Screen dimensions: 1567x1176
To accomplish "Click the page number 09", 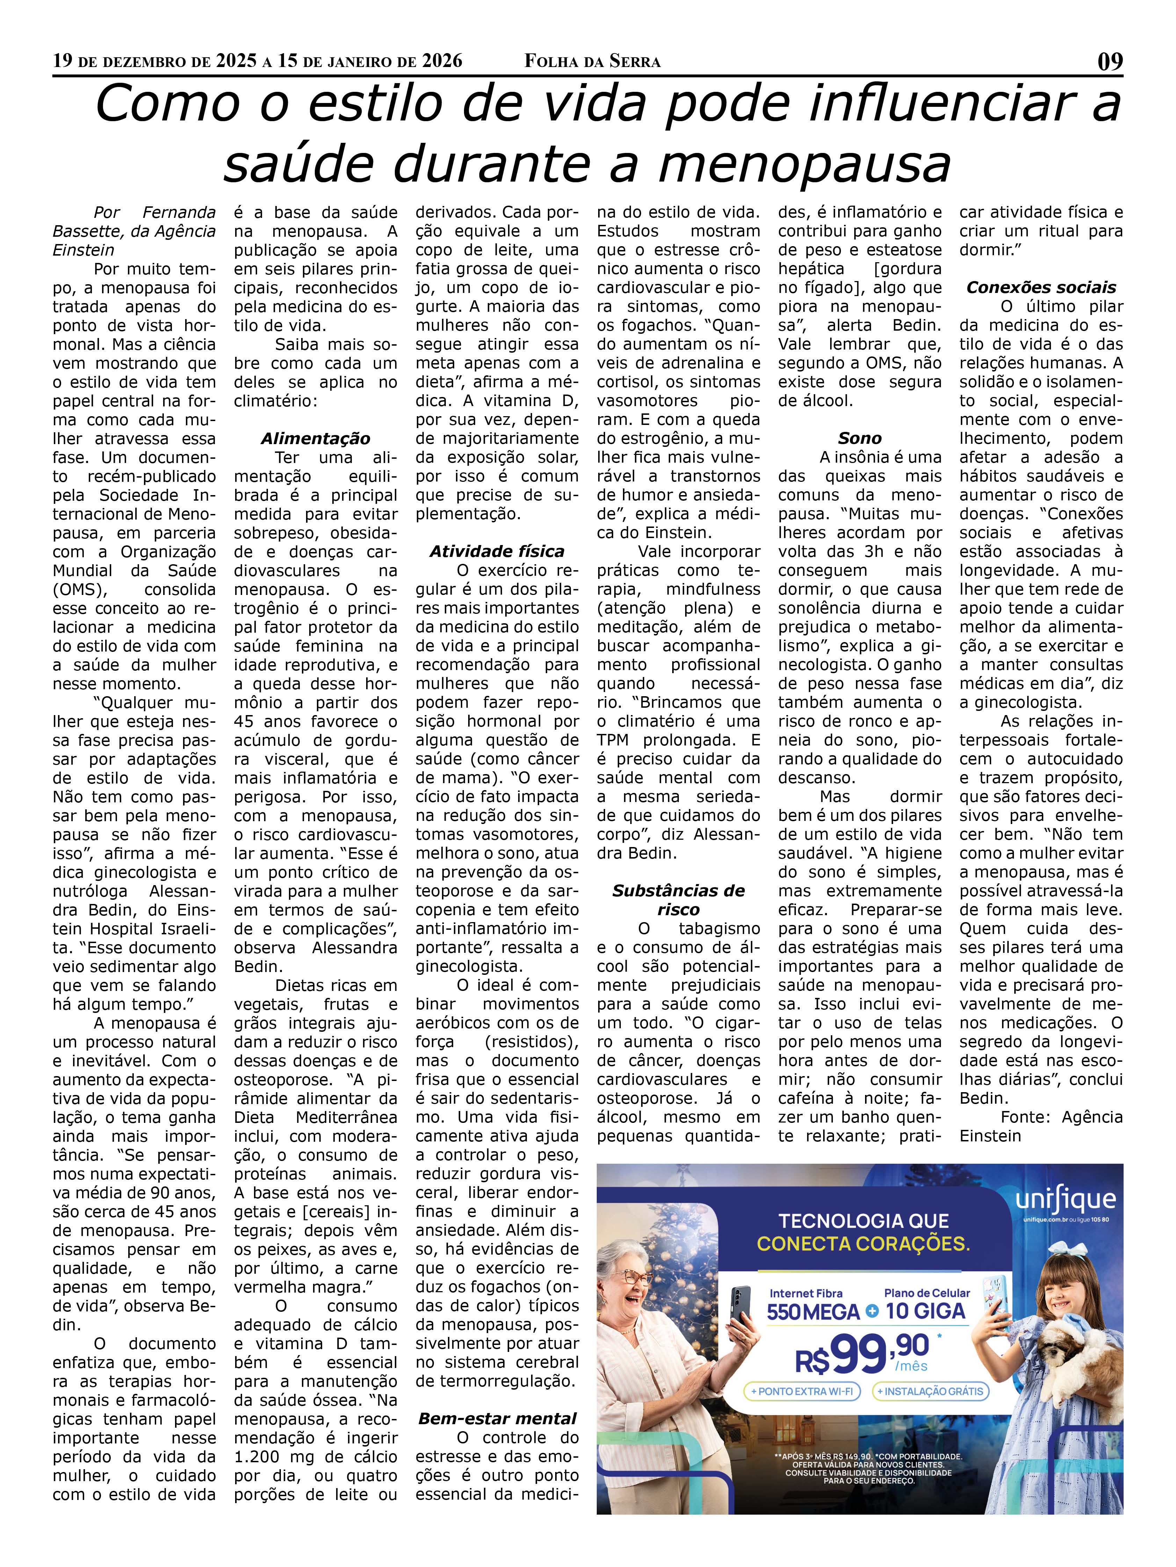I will click(1109, 62).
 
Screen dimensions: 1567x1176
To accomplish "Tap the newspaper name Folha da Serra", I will click(592, 62).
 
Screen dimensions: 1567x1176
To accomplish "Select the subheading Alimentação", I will click(315, 439).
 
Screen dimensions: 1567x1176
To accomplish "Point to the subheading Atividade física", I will click(497, 551).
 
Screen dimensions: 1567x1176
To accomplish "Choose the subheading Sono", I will click(859, 439).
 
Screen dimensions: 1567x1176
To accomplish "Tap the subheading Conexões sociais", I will click(1040, 288).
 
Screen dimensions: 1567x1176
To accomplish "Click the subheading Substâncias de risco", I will click(678, 900).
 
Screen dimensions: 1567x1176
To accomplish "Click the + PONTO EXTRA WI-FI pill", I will click(802, 1391).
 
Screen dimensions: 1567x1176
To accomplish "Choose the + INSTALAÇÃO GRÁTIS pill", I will click(930, 1391).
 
